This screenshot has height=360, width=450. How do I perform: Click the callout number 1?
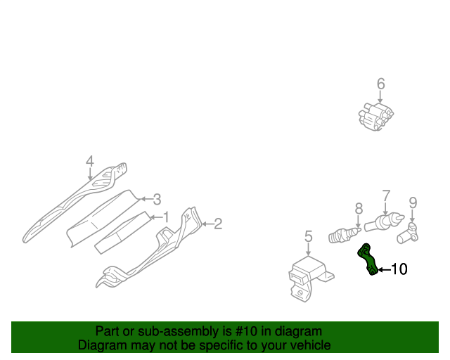(166, 217)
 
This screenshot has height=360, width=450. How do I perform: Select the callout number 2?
(218, 224)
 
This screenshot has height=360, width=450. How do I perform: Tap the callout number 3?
(157, 199)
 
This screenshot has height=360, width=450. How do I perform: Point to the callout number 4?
(89, 162)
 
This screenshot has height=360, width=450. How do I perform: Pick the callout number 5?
(308, 237)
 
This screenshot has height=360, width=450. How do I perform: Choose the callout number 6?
(380, 85)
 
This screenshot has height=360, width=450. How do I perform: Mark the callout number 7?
(385, 195)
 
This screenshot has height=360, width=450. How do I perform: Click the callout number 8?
(359, 208)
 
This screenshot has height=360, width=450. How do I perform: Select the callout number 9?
(413, 202)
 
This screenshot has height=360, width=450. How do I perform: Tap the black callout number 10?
(399, 269)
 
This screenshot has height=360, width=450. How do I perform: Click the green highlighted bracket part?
(368, 259)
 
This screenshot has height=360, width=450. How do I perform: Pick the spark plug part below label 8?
(345, 233)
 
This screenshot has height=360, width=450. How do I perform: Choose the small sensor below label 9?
(409, 231)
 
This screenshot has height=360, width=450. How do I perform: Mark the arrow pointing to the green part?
(383, 269)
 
